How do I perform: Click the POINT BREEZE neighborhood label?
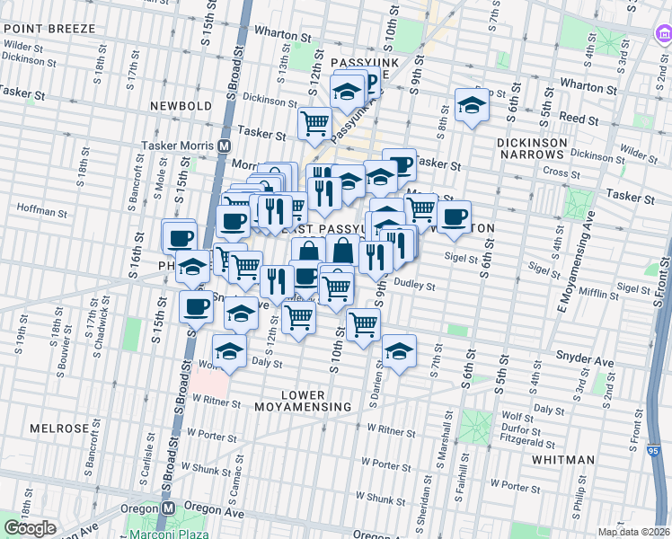pyautogui.click(x=48, y=29)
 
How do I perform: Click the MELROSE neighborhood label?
pyautogui.click(x=57, y=429)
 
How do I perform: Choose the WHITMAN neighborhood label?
pyautogui.click(x=562, y=459)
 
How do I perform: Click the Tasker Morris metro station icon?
pyautogui.click(x=224, y=146)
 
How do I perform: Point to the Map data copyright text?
pyautogui.click(x=633, y=532)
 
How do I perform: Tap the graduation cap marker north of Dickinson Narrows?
pyautogui.click(x=471, y=105)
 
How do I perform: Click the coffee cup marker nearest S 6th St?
pyautogui.click(x=455, y=216)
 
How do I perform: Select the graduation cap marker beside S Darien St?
pyautogui.click(x=399, y=349)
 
